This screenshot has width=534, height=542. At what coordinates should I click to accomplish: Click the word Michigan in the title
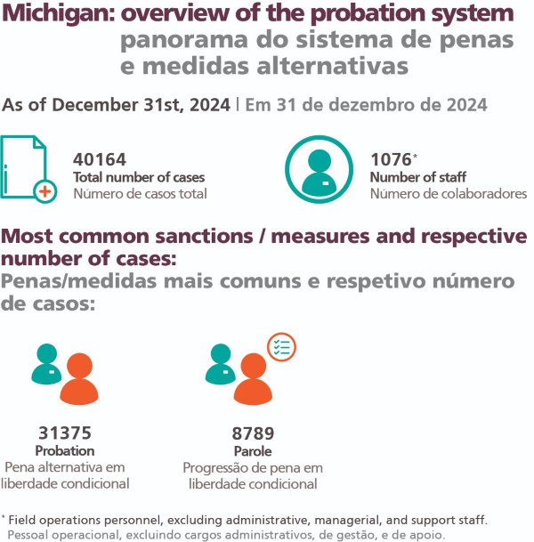(59, 14)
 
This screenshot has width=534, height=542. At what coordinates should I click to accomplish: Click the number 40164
(100, 159)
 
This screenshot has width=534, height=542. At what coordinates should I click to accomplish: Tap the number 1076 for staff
(391, 159)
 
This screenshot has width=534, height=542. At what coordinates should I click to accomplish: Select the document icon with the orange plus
(28, 169)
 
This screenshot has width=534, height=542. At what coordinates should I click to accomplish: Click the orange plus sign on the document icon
(45, 191)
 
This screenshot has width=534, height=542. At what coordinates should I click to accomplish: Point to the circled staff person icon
(319, 169)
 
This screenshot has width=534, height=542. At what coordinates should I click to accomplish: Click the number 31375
(65, 433)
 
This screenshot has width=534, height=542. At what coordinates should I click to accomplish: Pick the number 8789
(253, 433)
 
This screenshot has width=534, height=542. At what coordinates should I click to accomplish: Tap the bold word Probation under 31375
(65, 450)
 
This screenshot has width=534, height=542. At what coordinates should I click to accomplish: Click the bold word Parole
(253, 451)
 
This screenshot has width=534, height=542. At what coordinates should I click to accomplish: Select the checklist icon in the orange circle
(282, 347)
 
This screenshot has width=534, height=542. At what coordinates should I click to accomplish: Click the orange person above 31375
(79, 378)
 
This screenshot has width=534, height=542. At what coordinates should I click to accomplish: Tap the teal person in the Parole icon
(220, 364)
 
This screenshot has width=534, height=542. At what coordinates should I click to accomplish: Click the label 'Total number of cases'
(139, 177)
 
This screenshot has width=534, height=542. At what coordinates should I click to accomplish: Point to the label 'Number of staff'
(418, 177)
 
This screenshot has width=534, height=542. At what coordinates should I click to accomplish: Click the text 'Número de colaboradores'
(449, 194)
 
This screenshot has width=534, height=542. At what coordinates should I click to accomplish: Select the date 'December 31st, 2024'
(141, 105)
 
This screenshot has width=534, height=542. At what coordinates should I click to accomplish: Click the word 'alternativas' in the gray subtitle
(333, 66)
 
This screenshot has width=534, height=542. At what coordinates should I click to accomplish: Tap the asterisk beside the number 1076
(415, 156)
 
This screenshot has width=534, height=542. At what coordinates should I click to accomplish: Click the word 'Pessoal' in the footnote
(29, 535)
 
